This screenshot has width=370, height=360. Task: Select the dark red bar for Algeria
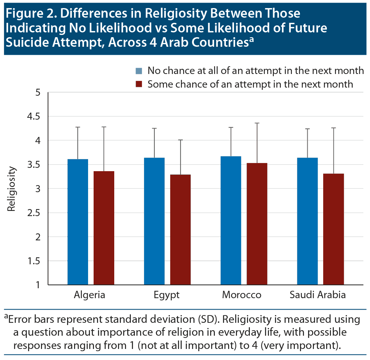(104, 228)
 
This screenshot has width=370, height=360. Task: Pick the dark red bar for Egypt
(180, 230)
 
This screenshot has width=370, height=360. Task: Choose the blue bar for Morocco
(231, 220)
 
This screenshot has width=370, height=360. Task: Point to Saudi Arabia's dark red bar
(334, 229)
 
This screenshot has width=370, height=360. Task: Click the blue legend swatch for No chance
(139, 71)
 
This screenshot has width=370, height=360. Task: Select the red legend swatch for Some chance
(139, 84)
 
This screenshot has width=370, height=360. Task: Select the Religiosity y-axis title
(12, 189)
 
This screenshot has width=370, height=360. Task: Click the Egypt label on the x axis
(167, 295)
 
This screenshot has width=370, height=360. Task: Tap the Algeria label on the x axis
(90, 295)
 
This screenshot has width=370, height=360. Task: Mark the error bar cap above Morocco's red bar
(257, 123)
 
